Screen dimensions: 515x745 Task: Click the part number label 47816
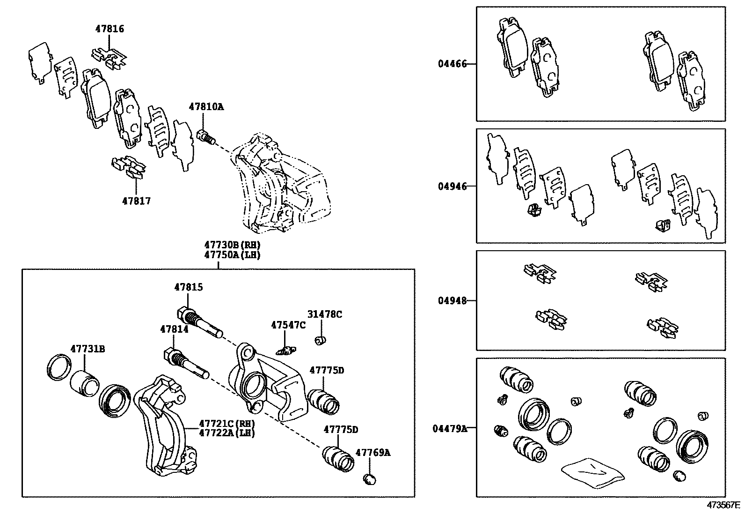point(110,29)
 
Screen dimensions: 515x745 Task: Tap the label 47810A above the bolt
point(206,107)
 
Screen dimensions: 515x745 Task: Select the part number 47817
point(136,201)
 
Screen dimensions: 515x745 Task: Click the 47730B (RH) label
point(232,245)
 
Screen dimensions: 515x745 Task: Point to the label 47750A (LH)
point(232,255)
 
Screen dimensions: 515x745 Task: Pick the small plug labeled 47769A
point(370,478)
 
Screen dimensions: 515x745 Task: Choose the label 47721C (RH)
point(226,423)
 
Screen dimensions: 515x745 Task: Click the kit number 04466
point(452,64)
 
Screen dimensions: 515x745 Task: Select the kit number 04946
point(452,187)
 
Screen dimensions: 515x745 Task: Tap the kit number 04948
point(452,301)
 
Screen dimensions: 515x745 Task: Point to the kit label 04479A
point(449,428)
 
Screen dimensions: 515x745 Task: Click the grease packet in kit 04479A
point(592,472)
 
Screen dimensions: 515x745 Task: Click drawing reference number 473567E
point(723,506)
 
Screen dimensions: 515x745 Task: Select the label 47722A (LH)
point(226,433)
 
